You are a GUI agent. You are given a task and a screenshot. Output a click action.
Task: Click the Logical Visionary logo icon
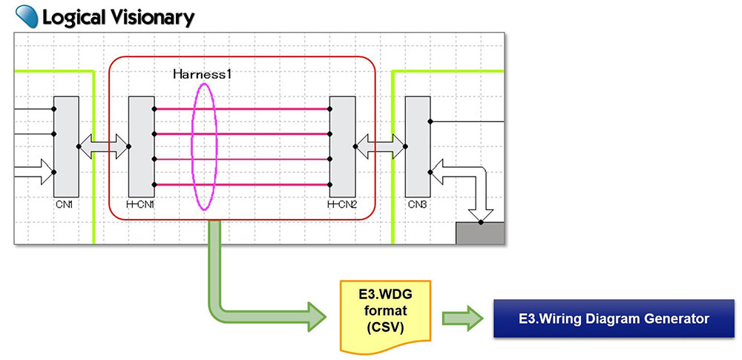[x=27, y=15]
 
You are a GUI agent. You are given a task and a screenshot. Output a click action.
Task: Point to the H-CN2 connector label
[x=341, y=203]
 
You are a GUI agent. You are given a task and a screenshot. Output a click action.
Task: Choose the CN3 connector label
[x=417, y=203]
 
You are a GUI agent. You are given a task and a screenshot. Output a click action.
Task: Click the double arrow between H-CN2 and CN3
[x=381, y=146]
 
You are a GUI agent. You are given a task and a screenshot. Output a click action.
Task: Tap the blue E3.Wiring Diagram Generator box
[x=613, y=318]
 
